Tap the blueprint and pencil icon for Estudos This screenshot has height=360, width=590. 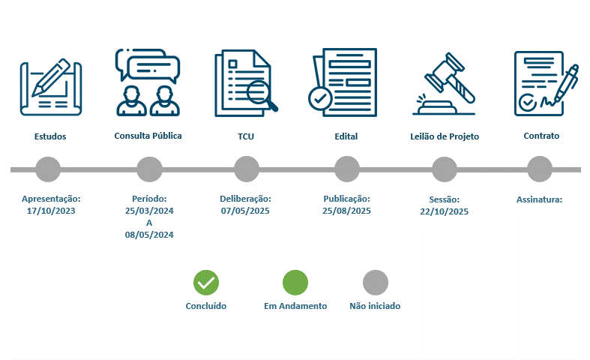(x=51, y=87)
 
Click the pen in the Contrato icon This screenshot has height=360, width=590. (x=567, y=84)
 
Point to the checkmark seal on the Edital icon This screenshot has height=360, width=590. (x=320, y=99)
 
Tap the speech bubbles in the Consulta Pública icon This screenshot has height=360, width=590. (x=148, y=65)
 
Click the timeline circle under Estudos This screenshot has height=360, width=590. (x=48, y=169)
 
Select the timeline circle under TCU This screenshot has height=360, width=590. (x=247, y=169)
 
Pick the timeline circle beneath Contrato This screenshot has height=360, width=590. (x=540, y=169)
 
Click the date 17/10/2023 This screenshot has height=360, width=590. (x=51, y=211)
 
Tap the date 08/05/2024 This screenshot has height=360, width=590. (x=149, y=235)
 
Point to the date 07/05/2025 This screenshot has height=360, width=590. (x=245, y=211)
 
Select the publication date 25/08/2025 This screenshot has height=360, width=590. (x=346, y=211)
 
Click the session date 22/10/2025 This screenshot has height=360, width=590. (x=445, y=211)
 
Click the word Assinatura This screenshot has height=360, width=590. (x=538, y=199)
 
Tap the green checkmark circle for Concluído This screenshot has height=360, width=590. (x=206, y=283)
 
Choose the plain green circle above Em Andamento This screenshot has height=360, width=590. (x=295, y=283)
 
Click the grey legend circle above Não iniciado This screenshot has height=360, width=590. (x=376, y=283)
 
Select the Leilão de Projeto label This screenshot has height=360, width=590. (x=445, y=136)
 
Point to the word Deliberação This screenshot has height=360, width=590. (x=244, y=199)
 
